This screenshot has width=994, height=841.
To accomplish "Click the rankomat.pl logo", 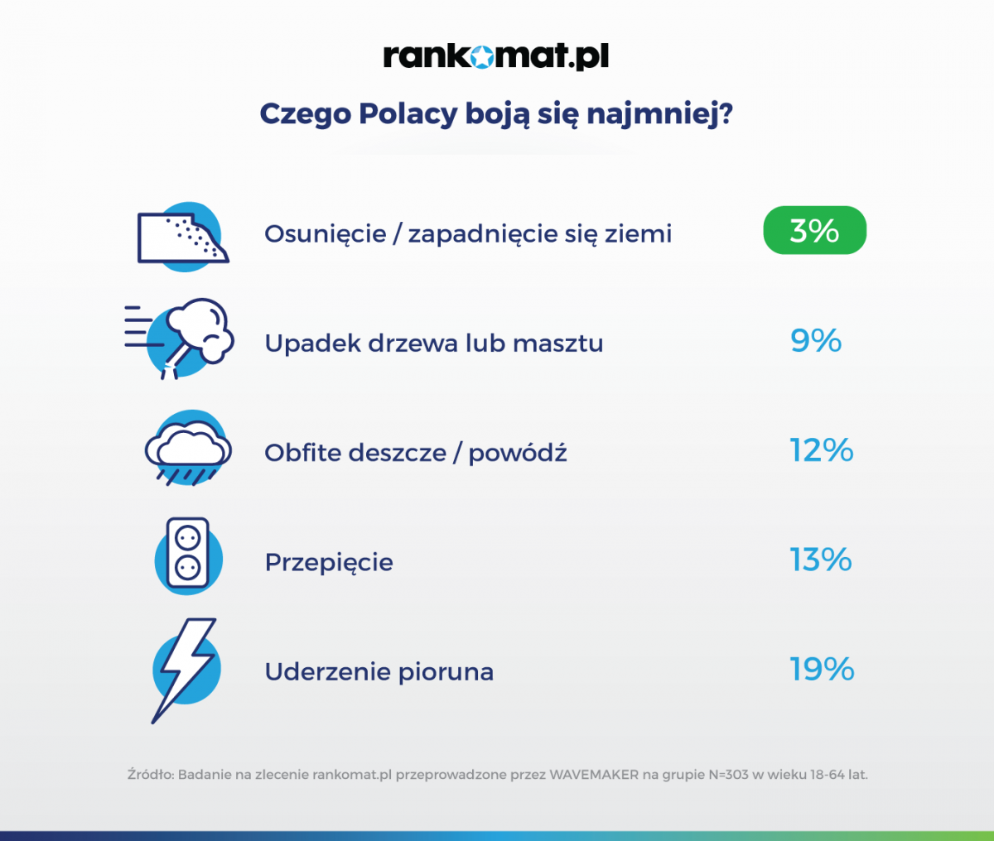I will pos(495,56).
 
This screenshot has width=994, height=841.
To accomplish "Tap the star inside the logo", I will pos(482,57).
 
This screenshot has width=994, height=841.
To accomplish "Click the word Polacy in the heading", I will pos(408,113).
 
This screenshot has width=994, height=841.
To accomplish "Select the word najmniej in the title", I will pos(660,114).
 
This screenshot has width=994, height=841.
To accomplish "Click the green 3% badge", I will pos(814,230).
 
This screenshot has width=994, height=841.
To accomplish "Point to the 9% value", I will pos(816,341).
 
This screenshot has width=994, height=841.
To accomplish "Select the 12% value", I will pos(821,450).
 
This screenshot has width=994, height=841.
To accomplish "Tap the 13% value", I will pos(820,560).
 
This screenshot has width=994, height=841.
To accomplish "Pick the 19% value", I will pos(821,670).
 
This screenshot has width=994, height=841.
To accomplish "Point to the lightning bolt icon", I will pos(185,669).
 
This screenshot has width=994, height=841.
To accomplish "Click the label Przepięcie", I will pos(329,563).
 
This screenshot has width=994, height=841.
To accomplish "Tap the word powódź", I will pos(518,453).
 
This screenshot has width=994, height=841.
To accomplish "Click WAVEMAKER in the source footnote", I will pos(594,775).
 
